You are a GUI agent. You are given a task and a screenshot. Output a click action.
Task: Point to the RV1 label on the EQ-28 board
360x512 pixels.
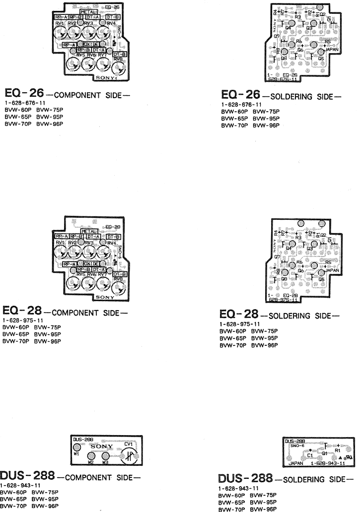click(61, 242)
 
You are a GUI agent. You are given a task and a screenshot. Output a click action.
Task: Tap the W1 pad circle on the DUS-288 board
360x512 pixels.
click(76, 448)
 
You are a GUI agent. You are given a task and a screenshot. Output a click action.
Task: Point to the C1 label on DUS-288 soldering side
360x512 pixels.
click(309, 454)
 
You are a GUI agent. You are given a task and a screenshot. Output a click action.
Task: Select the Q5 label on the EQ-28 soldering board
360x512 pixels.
click(321, 279)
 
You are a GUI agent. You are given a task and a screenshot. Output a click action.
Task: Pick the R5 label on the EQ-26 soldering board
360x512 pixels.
click(328, 41)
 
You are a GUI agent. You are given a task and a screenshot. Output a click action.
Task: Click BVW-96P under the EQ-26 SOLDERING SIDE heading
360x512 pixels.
click(266, 126)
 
